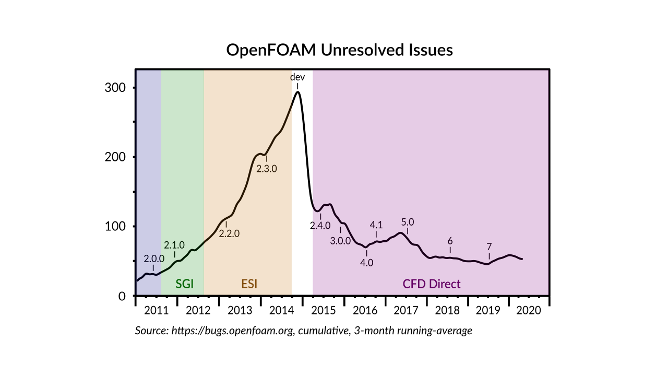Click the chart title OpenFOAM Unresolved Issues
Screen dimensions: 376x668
tap(339, 50)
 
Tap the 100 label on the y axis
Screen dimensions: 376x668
tap(115, 227)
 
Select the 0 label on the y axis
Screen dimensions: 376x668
tap(122, 296)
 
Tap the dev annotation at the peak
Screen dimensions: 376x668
tap(297, 77)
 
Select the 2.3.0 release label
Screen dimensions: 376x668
tap(266, 169)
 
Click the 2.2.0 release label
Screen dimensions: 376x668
tap(229, 234)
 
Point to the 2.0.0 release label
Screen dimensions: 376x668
tap(154, 258)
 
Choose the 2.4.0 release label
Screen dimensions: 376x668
tap(320, 226)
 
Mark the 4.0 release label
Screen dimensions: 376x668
tap(367, 263)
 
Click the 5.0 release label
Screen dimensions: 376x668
tap(407, 221)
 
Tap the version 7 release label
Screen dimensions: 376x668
tap(489, 246)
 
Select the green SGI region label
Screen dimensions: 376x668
tap(185, 284)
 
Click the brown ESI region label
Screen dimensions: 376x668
tap(249, 284)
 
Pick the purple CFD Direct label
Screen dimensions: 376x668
tap(431, 284)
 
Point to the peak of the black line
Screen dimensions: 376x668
tap(297, 92)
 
